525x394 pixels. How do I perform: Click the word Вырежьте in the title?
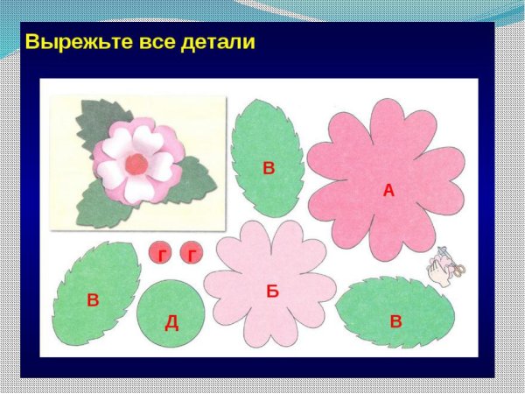click(73, 42)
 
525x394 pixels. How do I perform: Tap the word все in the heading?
click(153, 42)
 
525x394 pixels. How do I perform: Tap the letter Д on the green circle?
click(171, 322)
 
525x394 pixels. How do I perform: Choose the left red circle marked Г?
click(161, 254)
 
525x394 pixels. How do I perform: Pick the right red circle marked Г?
click(192, 254)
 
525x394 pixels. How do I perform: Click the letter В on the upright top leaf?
click(269, 168)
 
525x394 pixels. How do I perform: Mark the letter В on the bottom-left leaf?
click(93, 300)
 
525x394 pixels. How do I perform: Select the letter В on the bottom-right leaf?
click(395, 320)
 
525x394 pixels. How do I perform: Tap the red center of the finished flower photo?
click(134, 162)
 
